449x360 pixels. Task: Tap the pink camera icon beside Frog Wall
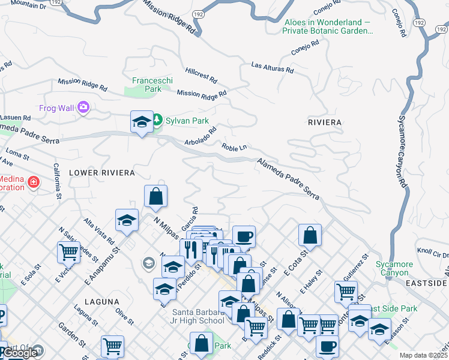coord(83,107)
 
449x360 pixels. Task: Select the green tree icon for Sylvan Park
coord(157,121)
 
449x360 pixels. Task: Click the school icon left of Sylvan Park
coord(142,122)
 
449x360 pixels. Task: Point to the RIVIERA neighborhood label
coord(324,122)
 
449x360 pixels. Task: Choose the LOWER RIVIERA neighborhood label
coord(101,173)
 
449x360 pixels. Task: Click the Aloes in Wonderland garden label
coord(328,26)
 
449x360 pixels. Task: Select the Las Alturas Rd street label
coord(273,67)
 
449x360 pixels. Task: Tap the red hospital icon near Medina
coord(33,181)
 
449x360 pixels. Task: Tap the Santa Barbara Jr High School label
coord(198,316)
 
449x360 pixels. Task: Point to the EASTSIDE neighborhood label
coord(426,283)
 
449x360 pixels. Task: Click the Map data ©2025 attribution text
coord(424,355)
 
